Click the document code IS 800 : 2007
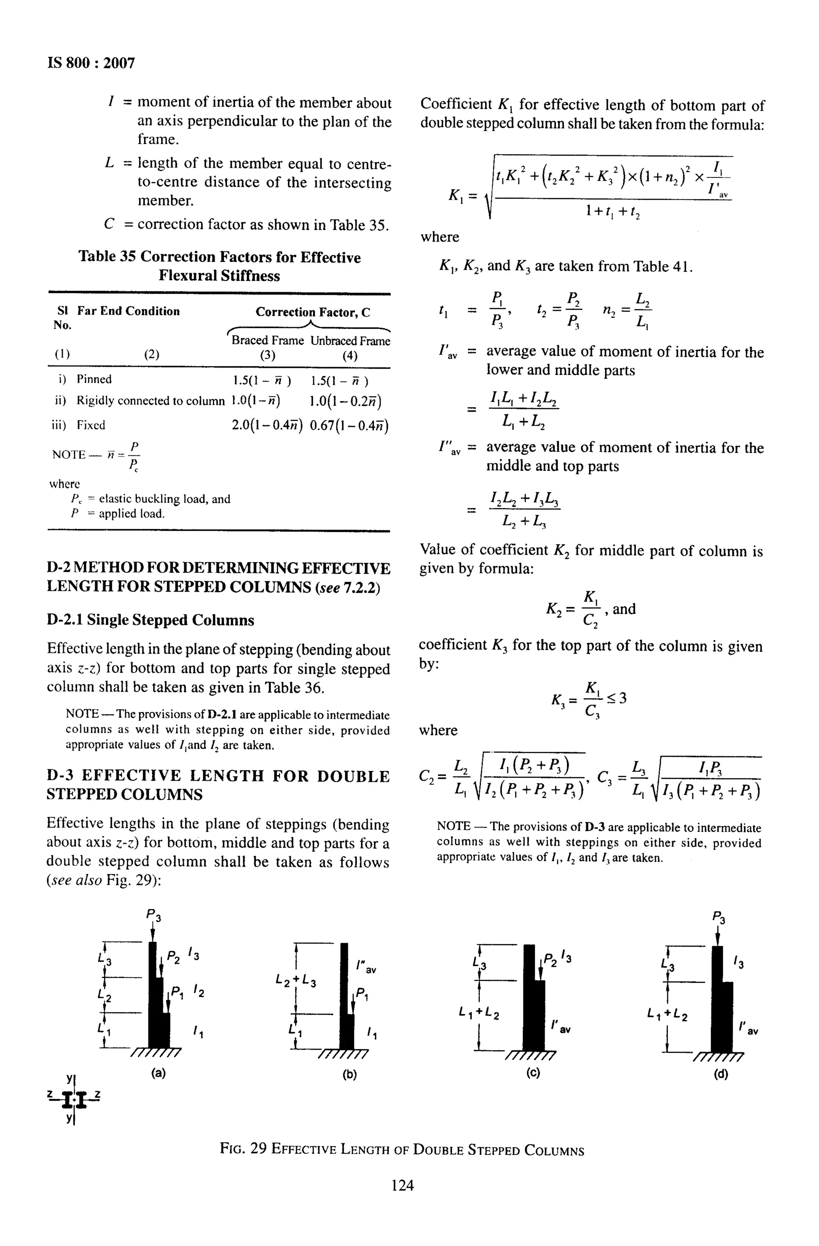click(91, 63)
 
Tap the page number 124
click(402, 1185)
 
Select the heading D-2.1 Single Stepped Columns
click(150, 620)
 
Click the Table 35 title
click(220, 266)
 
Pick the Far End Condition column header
click(128, 311)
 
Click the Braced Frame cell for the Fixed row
click(267, 425)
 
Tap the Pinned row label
click(94, 379)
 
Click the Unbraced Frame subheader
click(350, 341)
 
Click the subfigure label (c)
click(533, 1073)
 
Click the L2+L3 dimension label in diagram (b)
click(296, 979)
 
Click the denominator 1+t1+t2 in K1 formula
click(613, 211)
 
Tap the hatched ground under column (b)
click(343, 1053)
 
